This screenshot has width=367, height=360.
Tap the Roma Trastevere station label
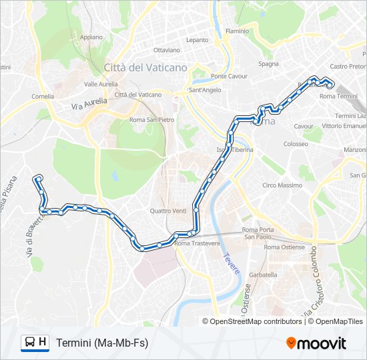click(197, 243)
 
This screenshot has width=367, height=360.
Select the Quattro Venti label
click(168, 211)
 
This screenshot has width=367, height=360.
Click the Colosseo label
click(296, 144)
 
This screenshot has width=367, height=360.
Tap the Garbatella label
click(263, 275)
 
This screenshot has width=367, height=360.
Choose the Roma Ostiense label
click(284, 247)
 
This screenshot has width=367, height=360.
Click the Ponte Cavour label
click(211, 75)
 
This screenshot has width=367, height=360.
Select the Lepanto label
click(197, 40)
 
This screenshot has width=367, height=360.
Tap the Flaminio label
click(237, 31)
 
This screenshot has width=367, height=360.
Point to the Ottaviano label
click(167, 50)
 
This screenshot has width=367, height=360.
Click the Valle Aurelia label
click(101, 84)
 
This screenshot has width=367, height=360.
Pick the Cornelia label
click(43, 96)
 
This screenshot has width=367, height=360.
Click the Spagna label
click(268, 64)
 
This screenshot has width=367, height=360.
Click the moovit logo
click(316, 343)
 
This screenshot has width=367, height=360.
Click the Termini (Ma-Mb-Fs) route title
click(102, 343)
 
